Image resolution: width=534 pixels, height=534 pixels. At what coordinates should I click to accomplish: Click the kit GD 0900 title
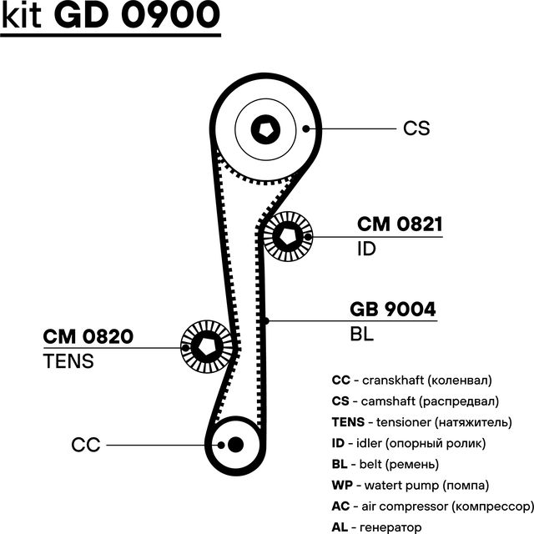point(111,17)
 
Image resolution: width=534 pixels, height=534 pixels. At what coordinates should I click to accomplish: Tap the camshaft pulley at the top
point(266,128)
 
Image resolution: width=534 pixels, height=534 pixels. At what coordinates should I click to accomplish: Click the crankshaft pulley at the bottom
point(234,444)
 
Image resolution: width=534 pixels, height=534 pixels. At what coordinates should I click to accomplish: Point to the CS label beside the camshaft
point(416,128)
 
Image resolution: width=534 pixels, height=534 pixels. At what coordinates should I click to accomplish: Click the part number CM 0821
point(399,224)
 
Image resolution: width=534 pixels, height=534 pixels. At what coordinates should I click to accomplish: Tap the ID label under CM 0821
point(366,249)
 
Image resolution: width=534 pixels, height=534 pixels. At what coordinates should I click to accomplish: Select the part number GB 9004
point(392,310)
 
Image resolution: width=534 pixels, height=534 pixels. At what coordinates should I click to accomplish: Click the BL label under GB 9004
point(362,335)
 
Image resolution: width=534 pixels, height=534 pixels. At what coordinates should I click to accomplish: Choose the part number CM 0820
point(88,337)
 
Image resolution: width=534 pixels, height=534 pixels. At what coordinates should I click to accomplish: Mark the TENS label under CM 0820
point(68,361)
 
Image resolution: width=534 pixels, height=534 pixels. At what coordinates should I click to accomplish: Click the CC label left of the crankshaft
point(86,445)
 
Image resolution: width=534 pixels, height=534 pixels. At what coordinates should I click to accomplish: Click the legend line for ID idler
point(408,443)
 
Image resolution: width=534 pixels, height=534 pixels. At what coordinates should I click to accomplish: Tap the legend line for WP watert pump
point(410,485)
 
